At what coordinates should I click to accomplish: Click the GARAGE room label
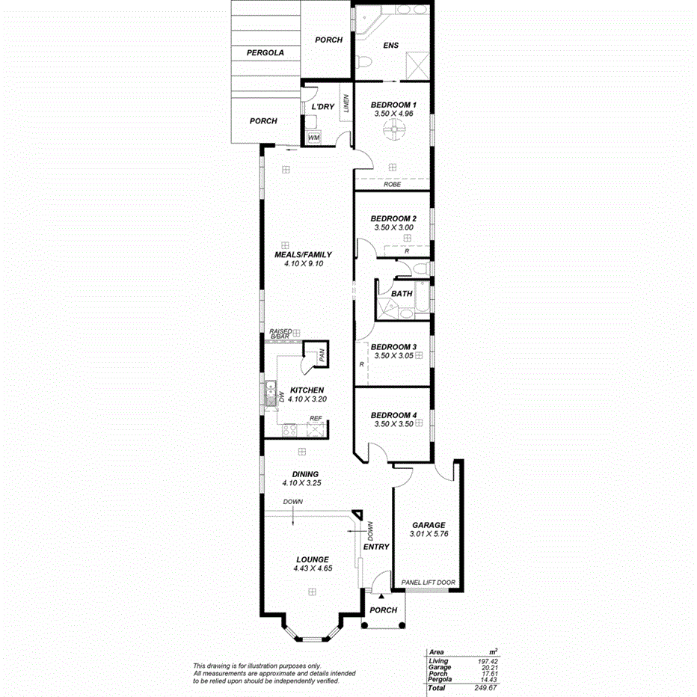pos(429,525)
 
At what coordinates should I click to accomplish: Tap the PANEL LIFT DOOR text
pos(428,583)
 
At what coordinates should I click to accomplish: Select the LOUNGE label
pos(313,559)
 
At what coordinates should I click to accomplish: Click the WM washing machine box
pos(313,138)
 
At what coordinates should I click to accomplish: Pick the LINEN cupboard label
pos(346,105)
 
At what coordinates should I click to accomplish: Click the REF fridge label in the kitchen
pos(316,418)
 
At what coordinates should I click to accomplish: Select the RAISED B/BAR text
pos(280,334)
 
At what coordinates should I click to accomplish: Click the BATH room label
pos(402,294)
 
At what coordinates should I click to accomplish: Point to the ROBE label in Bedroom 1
pos(392,184)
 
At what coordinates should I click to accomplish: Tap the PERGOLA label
pos(265,53)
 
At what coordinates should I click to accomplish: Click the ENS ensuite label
pos(390,46)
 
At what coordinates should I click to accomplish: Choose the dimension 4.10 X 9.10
pos(302,263)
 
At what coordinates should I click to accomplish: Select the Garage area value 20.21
pos(488,667)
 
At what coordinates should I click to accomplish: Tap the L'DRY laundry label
pos(322,107)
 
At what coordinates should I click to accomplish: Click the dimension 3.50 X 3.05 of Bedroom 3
pos(393,357)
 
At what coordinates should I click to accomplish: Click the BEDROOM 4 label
pos(393,415)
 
